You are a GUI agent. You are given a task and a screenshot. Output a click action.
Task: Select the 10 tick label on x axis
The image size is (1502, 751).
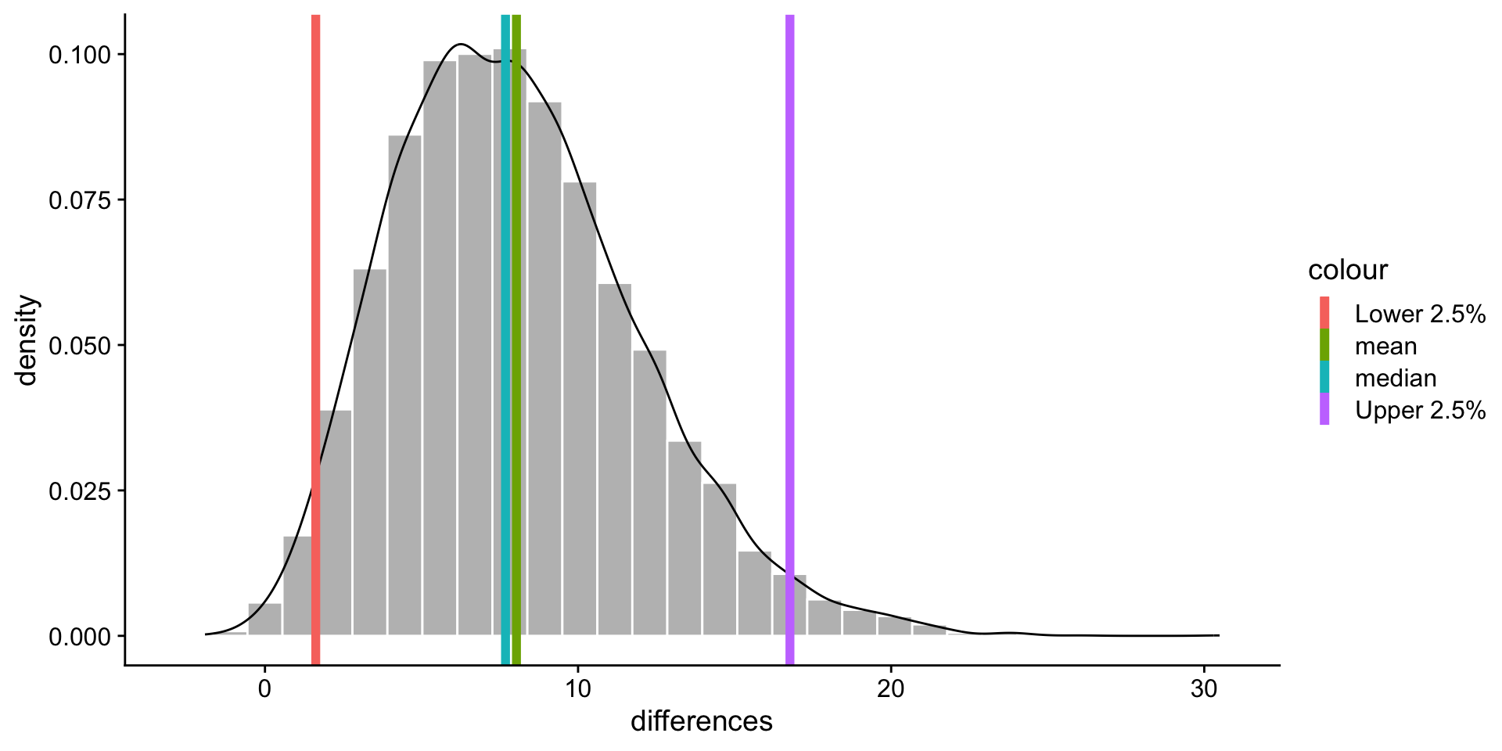point(577,689)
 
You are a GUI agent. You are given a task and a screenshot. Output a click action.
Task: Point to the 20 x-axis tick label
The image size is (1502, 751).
point(890,689)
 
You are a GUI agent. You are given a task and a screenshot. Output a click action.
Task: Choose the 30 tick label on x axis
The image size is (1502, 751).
point(1203,689)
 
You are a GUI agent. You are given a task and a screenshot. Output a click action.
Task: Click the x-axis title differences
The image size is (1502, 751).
point(701,721)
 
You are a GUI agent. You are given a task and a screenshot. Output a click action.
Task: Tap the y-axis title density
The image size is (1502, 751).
point(27,340)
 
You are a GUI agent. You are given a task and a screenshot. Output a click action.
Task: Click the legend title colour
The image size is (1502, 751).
point(1348,270)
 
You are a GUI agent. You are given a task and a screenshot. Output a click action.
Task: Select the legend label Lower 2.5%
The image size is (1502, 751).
point(1420,314)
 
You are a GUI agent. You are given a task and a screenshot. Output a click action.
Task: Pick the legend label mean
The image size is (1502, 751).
point(1385,346)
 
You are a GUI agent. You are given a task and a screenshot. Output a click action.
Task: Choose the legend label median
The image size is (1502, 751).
point(1396,378)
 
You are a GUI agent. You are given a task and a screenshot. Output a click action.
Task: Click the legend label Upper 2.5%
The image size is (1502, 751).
point(1420,410)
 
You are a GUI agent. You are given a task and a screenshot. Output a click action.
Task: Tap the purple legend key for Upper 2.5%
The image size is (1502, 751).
point(1324,409)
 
